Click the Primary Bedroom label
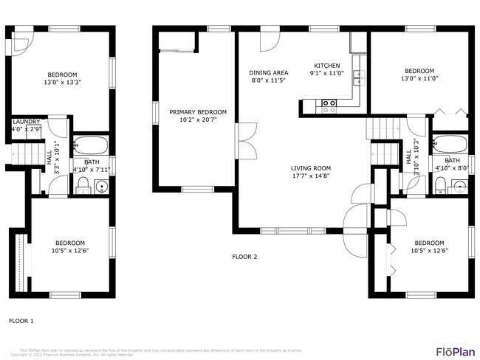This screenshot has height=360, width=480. [x=198, y=112]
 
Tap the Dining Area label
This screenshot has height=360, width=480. [x=269, y=72]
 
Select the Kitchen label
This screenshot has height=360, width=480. [x=326, y=65]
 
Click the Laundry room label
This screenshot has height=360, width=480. [x=26, y=121]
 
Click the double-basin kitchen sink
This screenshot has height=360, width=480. [x=357, y=75]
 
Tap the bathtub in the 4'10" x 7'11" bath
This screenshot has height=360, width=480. [x=92, y=144]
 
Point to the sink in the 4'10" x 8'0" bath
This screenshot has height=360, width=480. [x=459, y=186]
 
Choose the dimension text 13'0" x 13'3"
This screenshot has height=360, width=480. [x=63, y=83]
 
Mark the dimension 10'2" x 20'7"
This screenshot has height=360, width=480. [x=198, y=120]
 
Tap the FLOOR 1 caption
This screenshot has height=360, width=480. [x=21, y=321]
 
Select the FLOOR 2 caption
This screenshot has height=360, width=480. [x=244, y=257]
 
